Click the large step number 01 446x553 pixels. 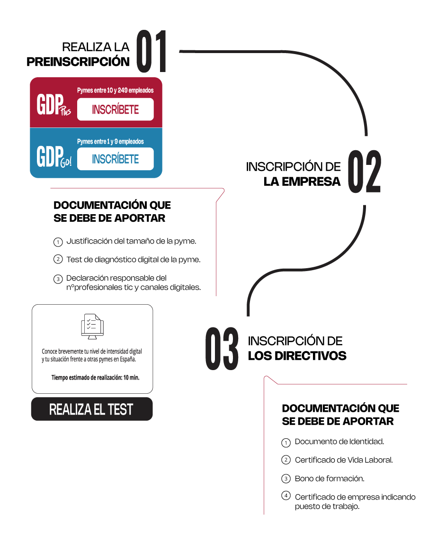click(x=151, y=52)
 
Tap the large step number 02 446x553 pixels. click(x=364, y=172)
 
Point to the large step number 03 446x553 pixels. click(x=222, y=348)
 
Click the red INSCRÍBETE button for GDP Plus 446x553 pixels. click(x=115, y=109)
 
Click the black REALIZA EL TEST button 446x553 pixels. click(x=92, y=409)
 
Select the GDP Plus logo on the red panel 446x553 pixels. click(x=54, y=105)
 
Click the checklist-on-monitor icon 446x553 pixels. click(x=92, y=326)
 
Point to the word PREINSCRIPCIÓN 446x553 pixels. click(x=78, y=62)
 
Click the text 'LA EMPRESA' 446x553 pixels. click(x=302, y=181)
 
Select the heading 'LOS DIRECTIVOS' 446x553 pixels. click(x=297, y=356)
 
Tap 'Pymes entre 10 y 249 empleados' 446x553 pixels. click(x=115, y=91)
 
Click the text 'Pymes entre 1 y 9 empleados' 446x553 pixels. click(x=110, y=141)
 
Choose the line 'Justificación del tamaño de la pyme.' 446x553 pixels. click(x=132, y=241)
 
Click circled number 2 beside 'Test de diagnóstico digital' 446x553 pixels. click(x=58, y=259)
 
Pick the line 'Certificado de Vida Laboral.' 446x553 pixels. click(x=344, y=460)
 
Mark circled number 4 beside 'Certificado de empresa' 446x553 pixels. click(x=286, y=496)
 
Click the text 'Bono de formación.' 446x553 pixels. click(x=330, y=479)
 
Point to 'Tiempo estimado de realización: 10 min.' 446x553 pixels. click(x=96, y=378)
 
